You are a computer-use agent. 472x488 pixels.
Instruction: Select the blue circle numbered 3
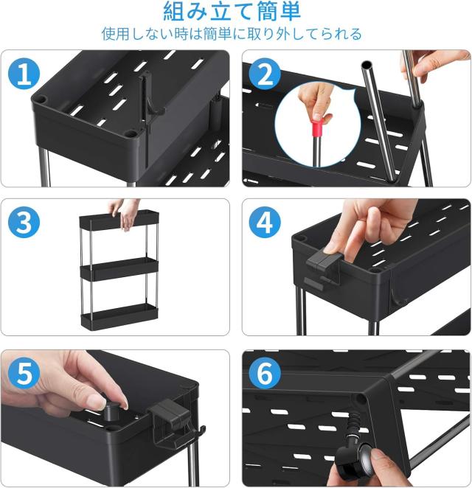click(24, 223)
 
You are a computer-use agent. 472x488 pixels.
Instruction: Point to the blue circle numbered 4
click(265, 223)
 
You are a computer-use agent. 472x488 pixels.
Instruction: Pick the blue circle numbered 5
click(24, 374)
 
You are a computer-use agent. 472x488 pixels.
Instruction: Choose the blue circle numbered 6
click(265, 374)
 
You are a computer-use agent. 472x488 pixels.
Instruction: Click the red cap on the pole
click(319, 128)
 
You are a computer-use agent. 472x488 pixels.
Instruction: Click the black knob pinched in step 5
click(111, 411)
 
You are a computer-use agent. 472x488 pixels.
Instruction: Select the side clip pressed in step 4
click(322, 261)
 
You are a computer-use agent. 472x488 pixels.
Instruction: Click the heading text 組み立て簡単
click(232, 12)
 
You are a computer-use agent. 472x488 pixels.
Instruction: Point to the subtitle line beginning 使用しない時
click(232, 34)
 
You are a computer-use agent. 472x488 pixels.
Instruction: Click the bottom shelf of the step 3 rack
click(119, 316)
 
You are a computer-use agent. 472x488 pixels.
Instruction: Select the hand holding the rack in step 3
click(125, 214)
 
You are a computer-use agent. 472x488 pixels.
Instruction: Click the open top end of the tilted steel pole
click(367, 66)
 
